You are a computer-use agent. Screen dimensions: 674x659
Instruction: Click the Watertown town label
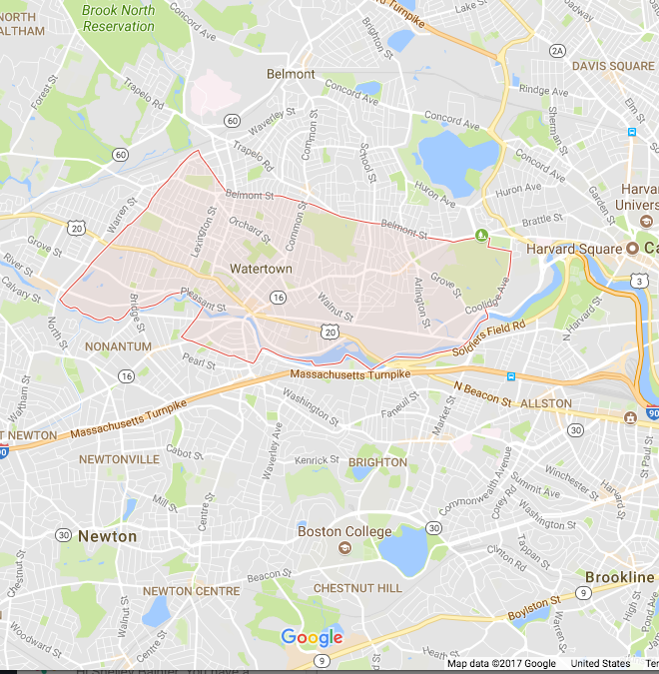(x=261, y=269)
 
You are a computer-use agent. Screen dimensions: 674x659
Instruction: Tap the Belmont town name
(x=291, y=74)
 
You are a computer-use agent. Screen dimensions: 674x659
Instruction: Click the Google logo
(x=312, y=637)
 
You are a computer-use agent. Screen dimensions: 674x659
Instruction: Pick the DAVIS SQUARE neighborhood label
(x=613, y=66)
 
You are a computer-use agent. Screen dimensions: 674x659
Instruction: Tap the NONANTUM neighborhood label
(x=119, y=346)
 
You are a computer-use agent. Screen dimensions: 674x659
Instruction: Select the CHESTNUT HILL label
(x=357, y=588)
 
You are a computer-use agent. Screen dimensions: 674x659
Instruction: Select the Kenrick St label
(x=318, y=460)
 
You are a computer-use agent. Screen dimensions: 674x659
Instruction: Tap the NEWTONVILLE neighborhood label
(x=118, y=459)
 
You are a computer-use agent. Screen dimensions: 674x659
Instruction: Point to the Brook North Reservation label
(x=119, y=19)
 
